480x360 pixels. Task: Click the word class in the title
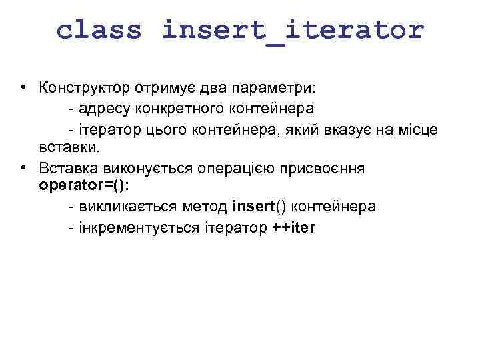point(99,30)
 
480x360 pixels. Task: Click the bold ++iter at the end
point(295,227)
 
